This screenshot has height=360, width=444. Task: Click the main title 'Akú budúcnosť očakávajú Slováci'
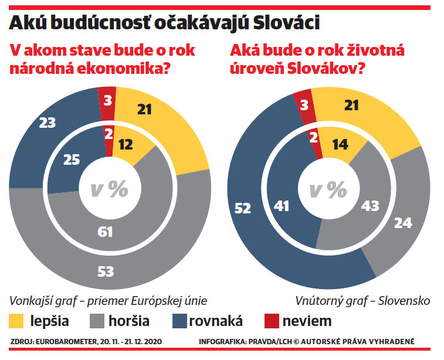point(164,22)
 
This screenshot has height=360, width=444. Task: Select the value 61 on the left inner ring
point(106,232)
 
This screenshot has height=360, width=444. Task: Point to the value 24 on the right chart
point(404,223)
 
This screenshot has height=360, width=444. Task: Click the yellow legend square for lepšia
point(18,321)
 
